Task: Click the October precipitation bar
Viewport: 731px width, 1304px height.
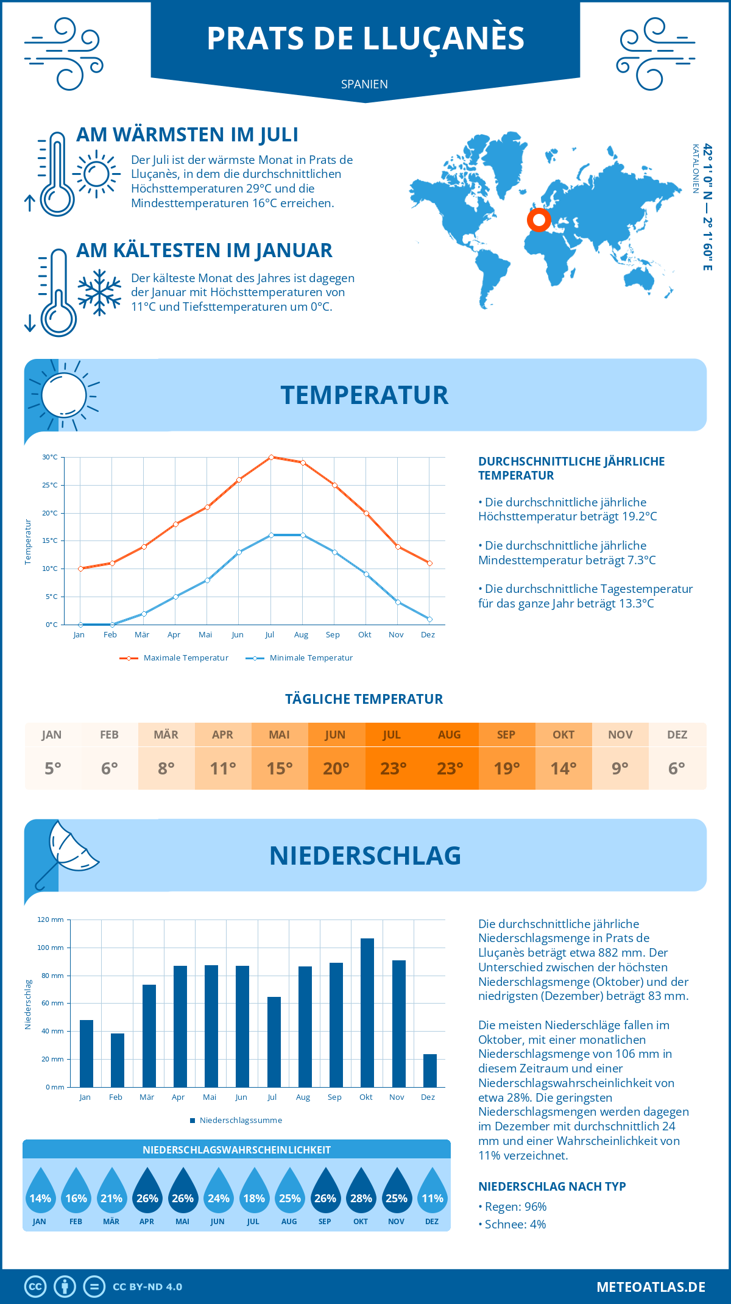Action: (367, 1013)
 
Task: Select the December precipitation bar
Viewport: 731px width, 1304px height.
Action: (429, 1071)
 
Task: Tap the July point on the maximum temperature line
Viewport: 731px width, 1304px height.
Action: (271, 457)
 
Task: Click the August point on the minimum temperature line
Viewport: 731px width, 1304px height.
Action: (303, 535)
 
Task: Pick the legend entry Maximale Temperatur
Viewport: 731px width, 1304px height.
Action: (174, 658)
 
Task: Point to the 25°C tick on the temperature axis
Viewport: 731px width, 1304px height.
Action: (50, 485)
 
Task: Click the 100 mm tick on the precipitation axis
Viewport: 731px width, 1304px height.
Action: (51, 948)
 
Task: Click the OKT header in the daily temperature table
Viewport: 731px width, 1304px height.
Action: (563, 735)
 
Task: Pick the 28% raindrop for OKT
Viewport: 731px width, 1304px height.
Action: (361, 1191)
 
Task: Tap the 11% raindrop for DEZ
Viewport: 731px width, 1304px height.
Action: (432, 1191)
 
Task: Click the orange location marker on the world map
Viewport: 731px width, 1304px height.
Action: (539, 219)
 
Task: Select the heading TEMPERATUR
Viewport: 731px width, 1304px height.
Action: (364, 395)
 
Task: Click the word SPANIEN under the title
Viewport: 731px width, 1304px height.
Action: (364, 84)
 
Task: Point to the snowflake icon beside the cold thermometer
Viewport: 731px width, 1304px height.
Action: (99, 292)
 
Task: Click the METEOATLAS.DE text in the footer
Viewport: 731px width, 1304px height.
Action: (651, 1287)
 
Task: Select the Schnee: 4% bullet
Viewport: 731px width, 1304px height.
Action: (512, 1224)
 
